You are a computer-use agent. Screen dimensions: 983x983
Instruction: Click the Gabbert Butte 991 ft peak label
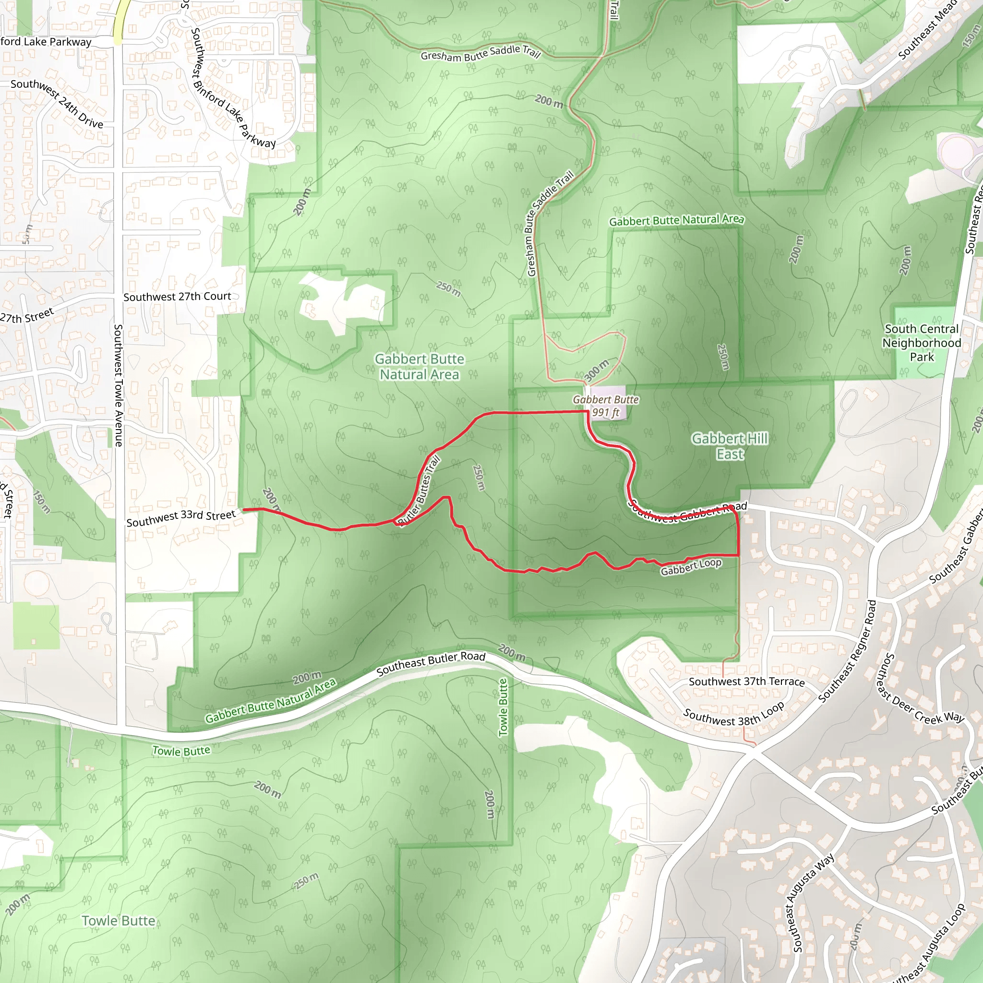(x=605, y=406)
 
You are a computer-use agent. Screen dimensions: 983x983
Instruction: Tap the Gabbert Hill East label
(x=730, y=446)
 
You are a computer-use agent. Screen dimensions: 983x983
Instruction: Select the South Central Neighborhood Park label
(x=922, y=343)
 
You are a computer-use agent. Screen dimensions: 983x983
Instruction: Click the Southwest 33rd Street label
(x=181, y=518)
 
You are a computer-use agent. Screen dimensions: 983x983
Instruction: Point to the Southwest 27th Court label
(x=177, y=297)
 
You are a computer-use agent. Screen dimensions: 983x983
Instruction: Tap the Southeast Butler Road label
(x=431, y=664)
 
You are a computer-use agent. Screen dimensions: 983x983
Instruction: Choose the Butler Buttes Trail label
(x=419, y=491)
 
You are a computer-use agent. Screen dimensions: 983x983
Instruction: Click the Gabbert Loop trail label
(x=691, y=567)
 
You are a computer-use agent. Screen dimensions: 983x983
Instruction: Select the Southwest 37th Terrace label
(x=746, y=682)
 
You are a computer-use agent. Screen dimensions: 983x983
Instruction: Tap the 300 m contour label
(x=596, y=371)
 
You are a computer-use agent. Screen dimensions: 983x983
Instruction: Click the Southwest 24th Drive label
(x=57, y=103)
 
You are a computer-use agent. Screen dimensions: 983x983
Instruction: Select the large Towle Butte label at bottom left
(x=119, y=921)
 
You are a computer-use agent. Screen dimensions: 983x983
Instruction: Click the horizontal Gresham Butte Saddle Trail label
(x=480, y=53)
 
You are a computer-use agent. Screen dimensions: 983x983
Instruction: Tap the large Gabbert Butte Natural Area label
(x=420, y=367)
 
